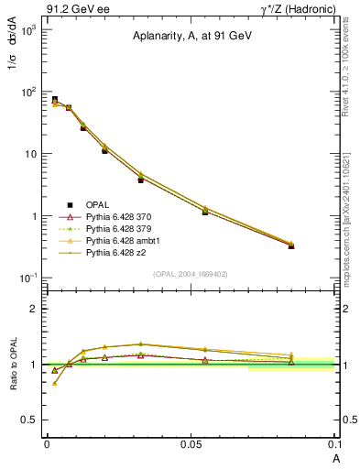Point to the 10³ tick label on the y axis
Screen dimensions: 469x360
28,30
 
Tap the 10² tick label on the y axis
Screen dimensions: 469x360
28,93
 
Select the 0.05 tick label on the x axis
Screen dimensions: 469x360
190,442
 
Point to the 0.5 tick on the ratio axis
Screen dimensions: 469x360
31,420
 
